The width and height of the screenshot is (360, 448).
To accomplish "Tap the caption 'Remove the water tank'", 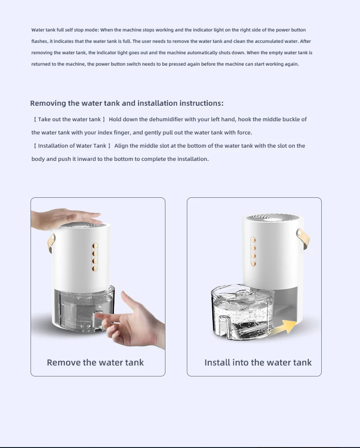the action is pyautogui.click(x=95, y=362).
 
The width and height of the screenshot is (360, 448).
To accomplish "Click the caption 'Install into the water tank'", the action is pyautogui.click(x=258, y=362).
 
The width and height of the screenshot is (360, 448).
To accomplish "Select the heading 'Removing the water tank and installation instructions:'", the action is pyautogui.click(x=127, y=103).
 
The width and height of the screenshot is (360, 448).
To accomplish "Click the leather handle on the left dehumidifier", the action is pyautogui.click(x=51, y=243).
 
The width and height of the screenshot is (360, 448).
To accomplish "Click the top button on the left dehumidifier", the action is pyautogui.click(x=95, y=246).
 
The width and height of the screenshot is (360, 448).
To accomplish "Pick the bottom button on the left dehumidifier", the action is pyautogui.click(x=95, y=268).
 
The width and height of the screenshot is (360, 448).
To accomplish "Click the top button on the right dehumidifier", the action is pyautogui.click(x=253, y=240).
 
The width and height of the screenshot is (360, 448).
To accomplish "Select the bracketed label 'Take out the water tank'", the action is pyautogui.click(x=69, y=119).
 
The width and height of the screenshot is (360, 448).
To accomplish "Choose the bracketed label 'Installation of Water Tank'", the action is pyautogui.click(x=72, y=146).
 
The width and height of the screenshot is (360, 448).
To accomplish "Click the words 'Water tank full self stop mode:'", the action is pyautogui.click(x=65, y=30).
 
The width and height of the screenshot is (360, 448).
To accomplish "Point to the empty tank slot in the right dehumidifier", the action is pyautogui.click(x=286, y=303).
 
